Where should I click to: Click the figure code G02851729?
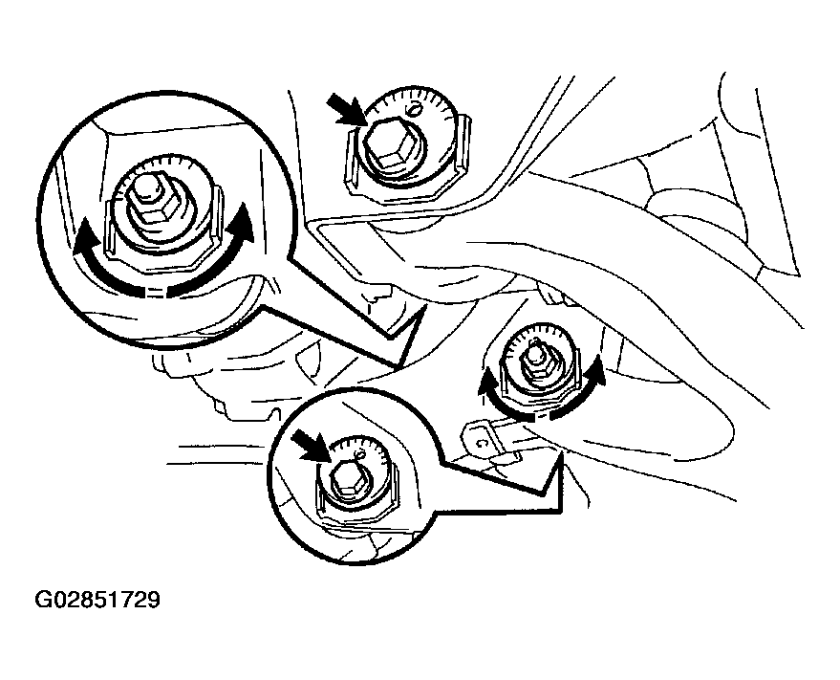97,600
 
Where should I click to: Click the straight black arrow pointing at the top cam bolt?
347,109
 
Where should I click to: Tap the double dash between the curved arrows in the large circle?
155,293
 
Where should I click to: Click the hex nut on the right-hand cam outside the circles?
536,365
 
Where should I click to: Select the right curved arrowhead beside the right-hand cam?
594,371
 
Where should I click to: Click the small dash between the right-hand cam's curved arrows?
541,415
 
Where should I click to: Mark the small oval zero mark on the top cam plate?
414,110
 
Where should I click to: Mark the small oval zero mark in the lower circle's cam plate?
359,454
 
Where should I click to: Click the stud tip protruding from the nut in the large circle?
144,185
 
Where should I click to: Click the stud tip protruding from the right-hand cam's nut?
534,351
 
